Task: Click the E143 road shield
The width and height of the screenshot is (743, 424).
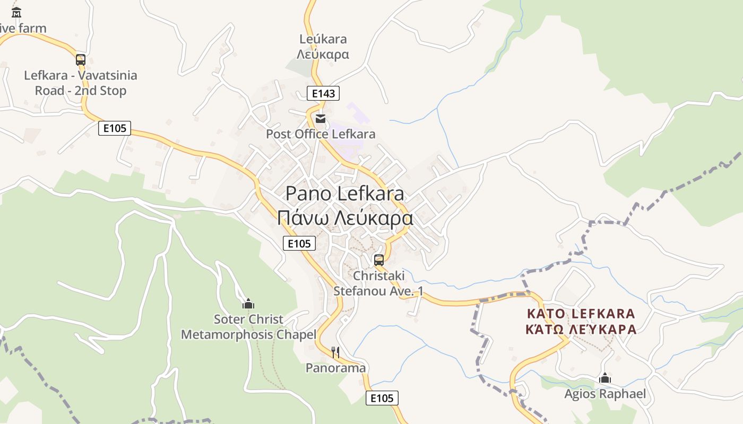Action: [x=323, y=94]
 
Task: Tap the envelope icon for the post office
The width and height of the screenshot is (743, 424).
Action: [x=320, y=118]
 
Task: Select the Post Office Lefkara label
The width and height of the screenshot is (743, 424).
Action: [x=321, y=134]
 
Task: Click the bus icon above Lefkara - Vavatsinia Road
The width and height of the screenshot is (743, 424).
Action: [x=81, y=60]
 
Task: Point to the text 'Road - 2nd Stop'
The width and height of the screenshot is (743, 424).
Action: [x=81, y=91]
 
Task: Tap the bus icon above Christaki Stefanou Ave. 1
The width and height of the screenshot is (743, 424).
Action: [x=379, y=260]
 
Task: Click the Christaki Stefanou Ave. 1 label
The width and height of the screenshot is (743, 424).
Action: [x=378, y=284]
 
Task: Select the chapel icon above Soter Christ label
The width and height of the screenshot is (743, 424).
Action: [x=248, y=304]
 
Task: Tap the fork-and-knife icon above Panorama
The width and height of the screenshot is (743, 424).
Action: [x=335, y=352]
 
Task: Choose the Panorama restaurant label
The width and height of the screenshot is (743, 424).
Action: [x=335, y=368]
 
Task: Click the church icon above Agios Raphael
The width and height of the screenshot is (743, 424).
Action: [x=604, y=378]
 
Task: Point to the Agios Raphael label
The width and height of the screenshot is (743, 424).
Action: [x=605, y=394]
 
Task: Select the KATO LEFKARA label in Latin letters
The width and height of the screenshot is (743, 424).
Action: [x=581, y=313]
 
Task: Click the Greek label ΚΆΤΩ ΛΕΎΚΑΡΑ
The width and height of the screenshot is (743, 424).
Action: [x=581, y=329]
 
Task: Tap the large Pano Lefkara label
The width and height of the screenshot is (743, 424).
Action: [x=345, y=193]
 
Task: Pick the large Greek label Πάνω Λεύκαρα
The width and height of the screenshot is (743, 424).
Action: [x=345, y=218]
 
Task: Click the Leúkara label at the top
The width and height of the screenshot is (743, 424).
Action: [x=323, y=39]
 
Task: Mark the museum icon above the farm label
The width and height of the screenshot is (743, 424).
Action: [x=16, y=12]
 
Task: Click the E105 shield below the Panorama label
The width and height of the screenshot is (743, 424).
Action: [x=382, y=398]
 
